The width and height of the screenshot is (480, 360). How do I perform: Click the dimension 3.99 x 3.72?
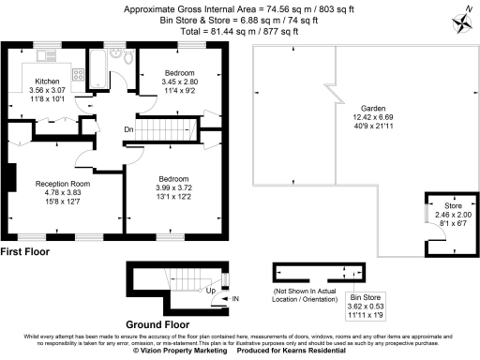(172, 188)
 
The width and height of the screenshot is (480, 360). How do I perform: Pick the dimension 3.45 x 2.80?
(179, 82)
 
